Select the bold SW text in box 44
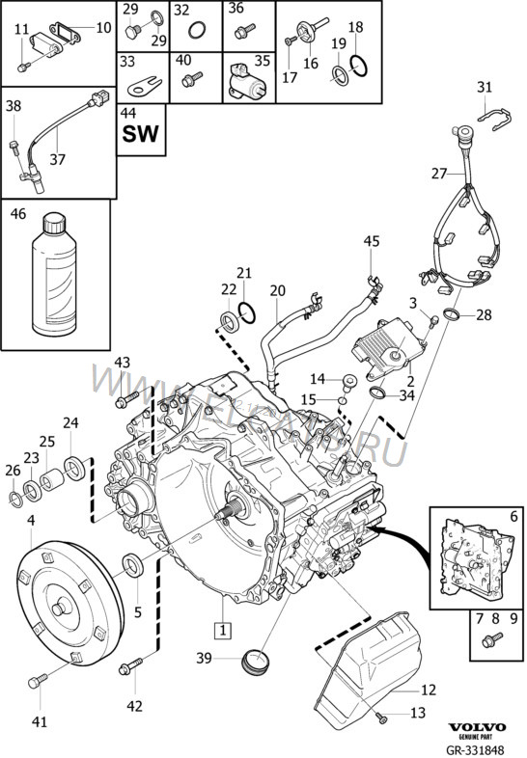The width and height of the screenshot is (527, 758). pyautogui.click(x=141, y=134)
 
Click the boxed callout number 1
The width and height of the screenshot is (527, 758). pyautogui.click(x=223, y=632)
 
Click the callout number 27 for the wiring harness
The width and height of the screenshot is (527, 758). pyautogui.click(x=439, y=175)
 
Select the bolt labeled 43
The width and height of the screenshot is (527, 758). pyautogui.click(x=124, y=400)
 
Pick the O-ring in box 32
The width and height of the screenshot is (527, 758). pyautogui.click(x=194, y=31)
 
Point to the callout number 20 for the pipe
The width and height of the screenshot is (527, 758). pyautogui.click(x=278, y=290)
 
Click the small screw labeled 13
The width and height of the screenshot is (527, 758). pyautogui.click(x=383, y=715)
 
